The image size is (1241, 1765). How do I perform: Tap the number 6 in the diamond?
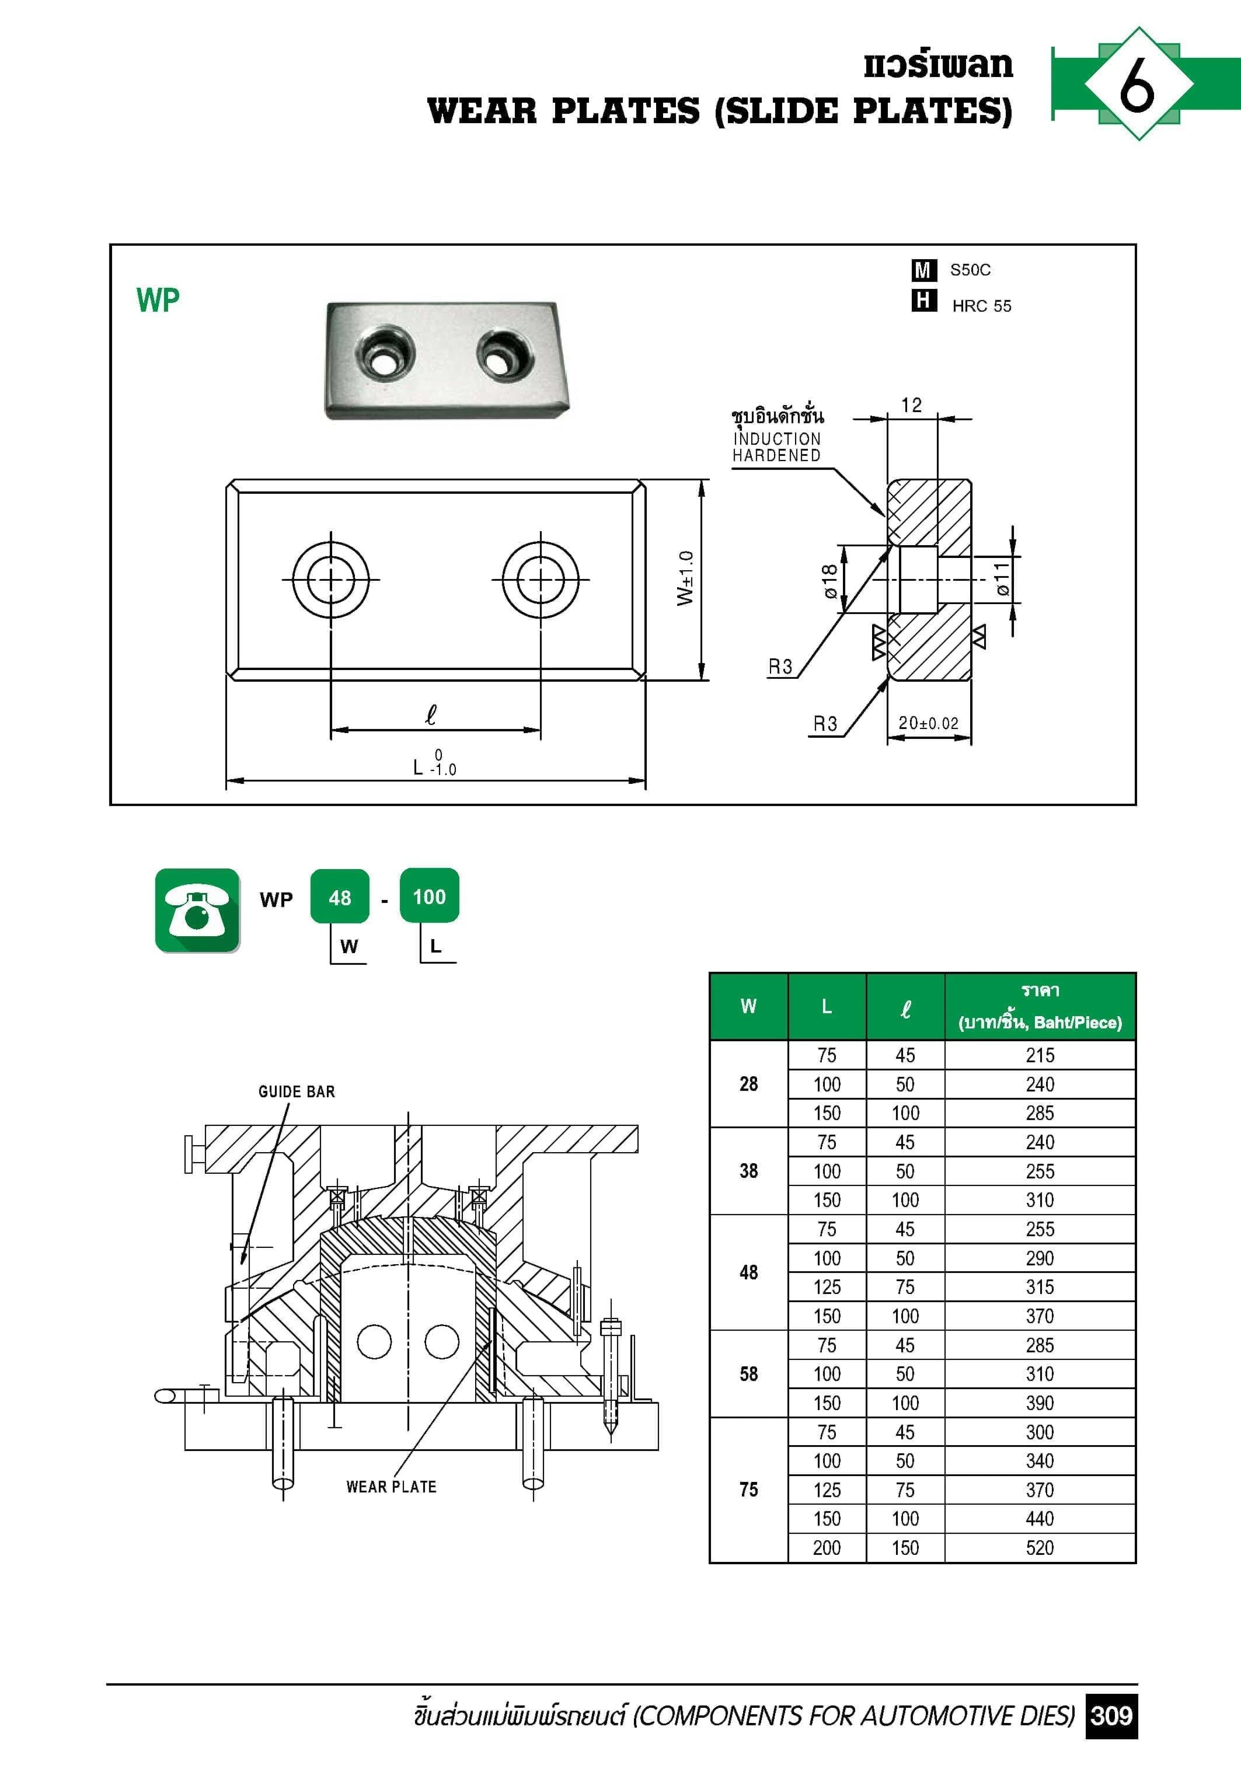click(1137, 84)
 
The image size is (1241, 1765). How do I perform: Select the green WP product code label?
click(158, 300)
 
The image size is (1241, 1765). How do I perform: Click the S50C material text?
click(970, 270)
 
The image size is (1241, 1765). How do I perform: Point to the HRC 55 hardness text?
click(981, 306)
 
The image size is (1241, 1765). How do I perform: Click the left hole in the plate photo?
click(384, 356)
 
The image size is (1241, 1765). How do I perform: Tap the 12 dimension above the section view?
click(911, 405)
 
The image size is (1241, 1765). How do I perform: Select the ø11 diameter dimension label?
click(1001, 579)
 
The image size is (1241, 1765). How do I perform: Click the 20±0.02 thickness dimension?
click(929, 723)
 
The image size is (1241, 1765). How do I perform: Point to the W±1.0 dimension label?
click(685, 578)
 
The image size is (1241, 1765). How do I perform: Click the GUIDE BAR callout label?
click(297, 1091)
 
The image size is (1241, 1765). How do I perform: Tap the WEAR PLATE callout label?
click(391, 1487)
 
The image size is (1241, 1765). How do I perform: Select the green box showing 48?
click(340, 897)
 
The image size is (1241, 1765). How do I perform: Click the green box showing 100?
click(429, 897)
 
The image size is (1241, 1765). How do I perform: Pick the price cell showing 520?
click(1040, 1547)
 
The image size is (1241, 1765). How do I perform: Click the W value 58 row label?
click(748, 1374)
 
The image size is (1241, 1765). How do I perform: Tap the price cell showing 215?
click(1040, 1055)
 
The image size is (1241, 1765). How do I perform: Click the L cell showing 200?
click(827, 1547)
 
